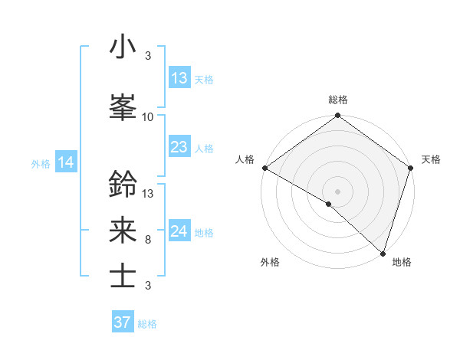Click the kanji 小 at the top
click(x=123, y=47)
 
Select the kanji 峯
click(x=123, y=107)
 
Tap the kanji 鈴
click(x=123, y=185)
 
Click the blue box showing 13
click(x=179, y=78)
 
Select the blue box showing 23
click(x=179, y=147)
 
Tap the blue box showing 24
click(x=179, y=231)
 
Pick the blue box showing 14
click(x=65, y=162)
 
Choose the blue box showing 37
click(x=122, y=322)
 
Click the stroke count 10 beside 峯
click(x=148, y=117)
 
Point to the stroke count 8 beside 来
click(x=148, y=240)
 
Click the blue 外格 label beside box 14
click(x=41, y=163)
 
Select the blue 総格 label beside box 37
click(x=147, y=324)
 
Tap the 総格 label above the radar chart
click(x=337, y=100)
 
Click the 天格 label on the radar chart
click(x=431, y=159)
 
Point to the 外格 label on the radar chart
click(x=270, y=262)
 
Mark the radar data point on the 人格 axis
click(x=264, y=168)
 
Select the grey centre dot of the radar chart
click(x=337, y=191)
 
